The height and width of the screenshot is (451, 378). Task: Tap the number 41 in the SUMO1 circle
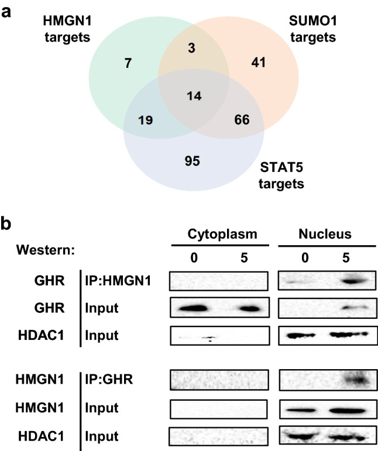257,62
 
